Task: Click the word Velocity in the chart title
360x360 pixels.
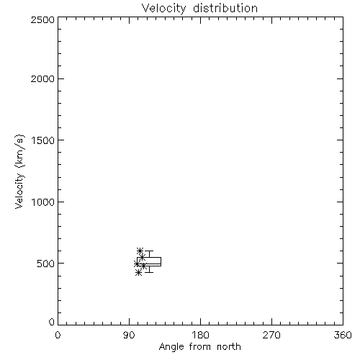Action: click(164, 9)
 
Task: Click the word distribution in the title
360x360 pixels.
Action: click(225, 8)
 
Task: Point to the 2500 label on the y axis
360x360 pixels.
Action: click(42, 19)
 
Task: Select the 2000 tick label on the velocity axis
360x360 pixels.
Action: click(42, 78)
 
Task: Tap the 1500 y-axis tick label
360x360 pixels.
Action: click(43, 140)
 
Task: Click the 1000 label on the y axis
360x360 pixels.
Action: click(43, 202)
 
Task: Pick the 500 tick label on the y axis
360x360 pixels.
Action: click(46, 264)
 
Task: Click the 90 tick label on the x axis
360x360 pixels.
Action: click(129, 335)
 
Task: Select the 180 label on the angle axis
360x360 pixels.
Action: click(200, 335)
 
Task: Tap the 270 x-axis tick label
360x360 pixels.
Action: click(271, 335)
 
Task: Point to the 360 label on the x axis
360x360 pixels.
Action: click(343, 335)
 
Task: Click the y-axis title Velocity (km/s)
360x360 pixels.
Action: click(19, 171)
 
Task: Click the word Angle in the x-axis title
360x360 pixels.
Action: click(171, 347)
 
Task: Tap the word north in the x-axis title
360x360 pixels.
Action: click(229, 347)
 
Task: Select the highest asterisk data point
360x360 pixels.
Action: click(140, 251)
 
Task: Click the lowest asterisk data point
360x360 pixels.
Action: click(138, 273)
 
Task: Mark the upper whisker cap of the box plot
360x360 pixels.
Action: click(149, 251)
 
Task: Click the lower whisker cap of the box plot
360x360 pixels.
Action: click(149, 272)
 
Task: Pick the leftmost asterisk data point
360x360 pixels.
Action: click(137, 264)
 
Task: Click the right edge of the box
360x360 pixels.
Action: click(161, 261)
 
